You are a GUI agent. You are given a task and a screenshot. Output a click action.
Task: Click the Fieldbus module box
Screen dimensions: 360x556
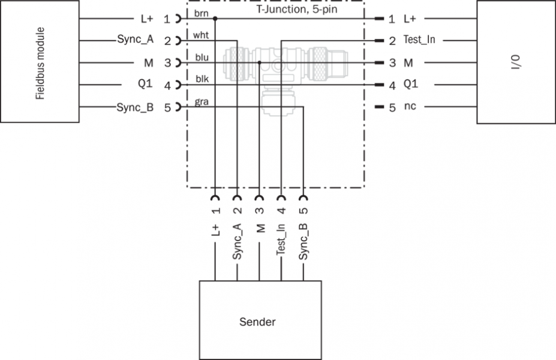tap(40, 62)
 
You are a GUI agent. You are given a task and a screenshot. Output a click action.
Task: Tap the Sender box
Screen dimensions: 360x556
tap(261, 322)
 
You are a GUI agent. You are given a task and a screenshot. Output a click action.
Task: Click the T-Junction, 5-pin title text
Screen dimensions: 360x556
tap(293, 11)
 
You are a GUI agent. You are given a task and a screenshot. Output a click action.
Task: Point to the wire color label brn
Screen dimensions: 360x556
tap(201, 13)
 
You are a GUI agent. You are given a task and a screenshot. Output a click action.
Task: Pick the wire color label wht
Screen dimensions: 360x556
tap(201, 35)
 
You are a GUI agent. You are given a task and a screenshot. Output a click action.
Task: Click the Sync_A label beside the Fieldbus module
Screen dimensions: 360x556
tap(135, 41)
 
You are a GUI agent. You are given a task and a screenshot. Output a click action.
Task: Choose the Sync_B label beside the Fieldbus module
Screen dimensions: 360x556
tap(135, 108)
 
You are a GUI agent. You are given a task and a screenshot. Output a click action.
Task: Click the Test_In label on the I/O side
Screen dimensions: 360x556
tap(419, 41)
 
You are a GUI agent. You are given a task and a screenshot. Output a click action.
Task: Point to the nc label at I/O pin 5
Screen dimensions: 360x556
tap(409, 108)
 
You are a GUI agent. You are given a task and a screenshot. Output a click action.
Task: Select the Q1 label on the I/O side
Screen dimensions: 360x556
tap(410, 85)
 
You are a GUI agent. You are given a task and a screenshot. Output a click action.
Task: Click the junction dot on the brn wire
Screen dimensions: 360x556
tap(215, 19)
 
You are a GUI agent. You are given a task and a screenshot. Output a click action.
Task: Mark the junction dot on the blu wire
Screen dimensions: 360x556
tap(259, 62)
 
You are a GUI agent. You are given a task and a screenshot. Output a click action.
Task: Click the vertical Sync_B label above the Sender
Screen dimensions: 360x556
tap(303, 240)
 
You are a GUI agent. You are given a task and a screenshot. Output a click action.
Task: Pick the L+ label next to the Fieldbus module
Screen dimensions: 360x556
tap(146, 19)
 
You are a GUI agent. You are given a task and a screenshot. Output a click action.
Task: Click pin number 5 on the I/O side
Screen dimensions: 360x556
tap(392, 108)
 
